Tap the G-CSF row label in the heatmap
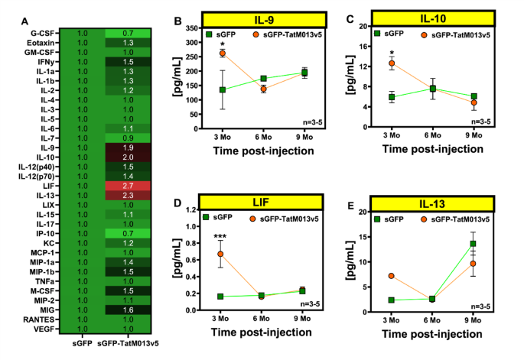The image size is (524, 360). tap(44, 34)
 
